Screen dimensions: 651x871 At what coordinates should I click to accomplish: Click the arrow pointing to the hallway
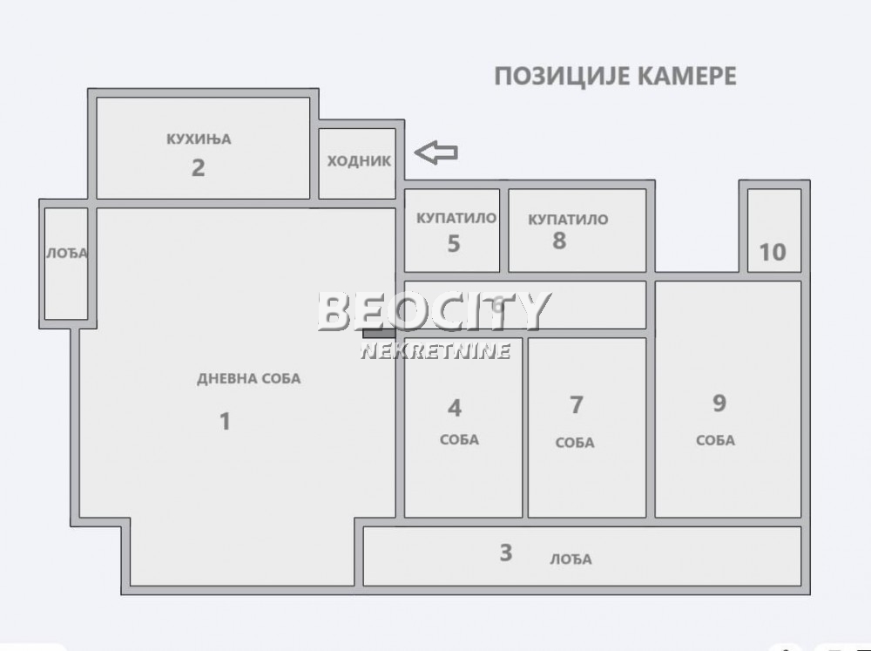435,153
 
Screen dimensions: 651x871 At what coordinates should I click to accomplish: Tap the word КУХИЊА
199,139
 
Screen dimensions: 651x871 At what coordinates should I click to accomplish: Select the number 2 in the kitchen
199,167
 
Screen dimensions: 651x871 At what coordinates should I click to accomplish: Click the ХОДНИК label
359,161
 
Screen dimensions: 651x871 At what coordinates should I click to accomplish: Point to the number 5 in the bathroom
453,243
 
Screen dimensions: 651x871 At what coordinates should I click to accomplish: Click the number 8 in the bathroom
559,241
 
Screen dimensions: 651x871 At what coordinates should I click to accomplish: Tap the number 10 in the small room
773,252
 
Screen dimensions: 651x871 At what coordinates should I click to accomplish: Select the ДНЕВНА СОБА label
248,378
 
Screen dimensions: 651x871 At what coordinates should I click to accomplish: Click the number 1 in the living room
225,422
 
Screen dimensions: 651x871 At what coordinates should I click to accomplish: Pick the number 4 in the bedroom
455,408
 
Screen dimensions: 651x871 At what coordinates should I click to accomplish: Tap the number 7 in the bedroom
576,405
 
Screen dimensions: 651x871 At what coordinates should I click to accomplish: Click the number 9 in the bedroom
719,403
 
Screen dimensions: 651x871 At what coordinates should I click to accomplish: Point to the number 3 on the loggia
506,553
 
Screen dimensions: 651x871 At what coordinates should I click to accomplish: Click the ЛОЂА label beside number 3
571,559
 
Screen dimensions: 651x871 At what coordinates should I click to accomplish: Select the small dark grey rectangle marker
379,331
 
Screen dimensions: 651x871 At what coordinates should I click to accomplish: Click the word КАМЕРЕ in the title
683,76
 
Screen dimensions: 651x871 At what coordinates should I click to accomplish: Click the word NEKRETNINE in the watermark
435,351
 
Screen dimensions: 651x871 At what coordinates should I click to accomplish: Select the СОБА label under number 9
715,440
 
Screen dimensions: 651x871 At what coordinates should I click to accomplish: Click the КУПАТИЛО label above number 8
568,220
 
